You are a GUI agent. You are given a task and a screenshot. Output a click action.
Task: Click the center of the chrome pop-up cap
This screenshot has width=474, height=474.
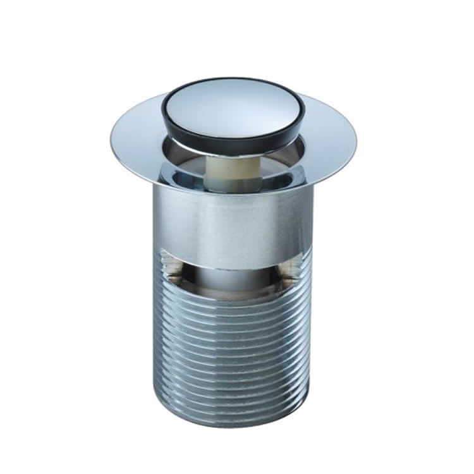[x=233, y=107]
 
